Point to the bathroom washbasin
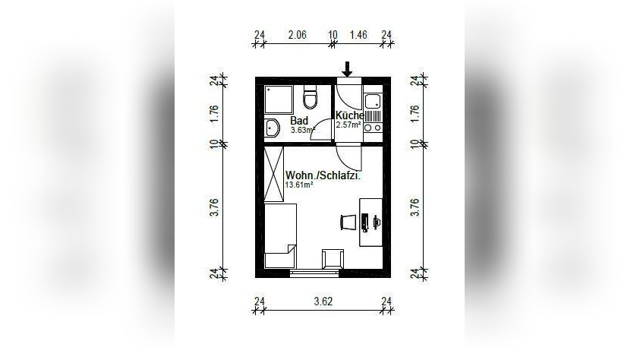coord(271,128)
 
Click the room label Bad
coord(298,121)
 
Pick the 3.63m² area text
coord(302,130)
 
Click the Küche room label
coord(349,115)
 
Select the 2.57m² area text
coord(347,124)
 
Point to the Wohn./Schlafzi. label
coord(323,175)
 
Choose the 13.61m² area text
coord(299,185)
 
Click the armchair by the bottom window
coord(332,258)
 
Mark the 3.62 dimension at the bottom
coord(323,302)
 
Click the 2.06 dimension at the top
coord(297,34)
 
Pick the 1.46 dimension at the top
coord(358,34)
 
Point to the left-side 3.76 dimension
coord(214,207)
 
